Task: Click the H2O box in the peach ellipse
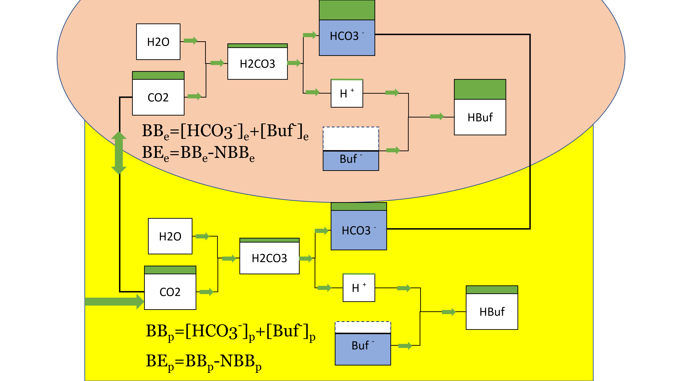158,42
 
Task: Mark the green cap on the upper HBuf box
480,89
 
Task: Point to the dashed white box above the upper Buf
351,139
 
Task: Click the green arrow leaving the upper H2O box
191,41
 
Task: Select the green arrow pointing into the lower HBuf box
448,312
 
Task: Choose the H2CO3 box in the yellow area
269,258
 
